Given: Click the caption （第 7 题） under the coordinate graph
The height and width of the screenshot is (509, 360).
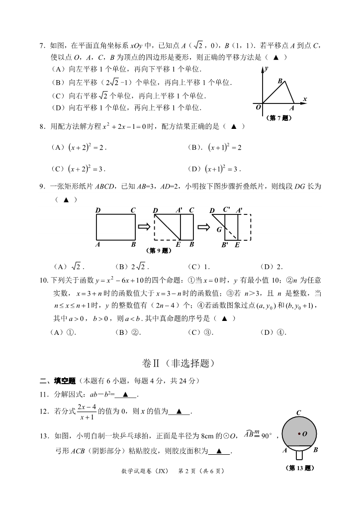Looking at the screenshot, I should pyautogui.click(x=280, y=118).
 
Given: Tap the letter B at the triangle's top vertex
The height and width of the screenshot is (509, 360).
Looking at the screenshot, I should pyautogui.click(x=280, y=81).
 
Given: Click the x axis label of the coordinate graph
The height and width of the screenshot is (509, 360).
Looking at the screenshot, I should pyautogui.click(x=304, y=99).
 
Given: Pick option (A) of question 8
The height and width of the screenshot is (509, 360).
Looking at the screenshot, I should pyautogui.click(x=79, y=147).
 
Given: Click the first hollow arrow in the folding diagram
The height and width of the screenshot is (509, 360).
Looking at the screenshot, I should pyautogui.click(x=144, y=227).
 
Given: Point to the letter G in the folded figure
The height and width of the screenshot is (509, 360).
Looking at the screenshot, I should pyautogui.click(x=219, y=230).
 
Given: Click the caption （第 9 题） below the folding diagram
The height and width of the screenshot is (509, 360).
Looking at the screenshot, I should pyautogui.click(x=158, y=250).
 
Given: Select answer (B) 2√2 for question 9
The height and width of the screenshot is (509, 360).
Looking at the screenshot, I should pyautogui.click(x=130, y=266).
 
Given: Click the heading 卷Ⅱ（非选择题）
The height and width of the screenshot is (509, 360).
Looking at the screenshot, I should pyautogui.click(x=180, y=364).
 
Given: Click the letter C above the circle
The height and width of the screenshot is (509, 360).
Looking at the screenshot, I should pyautogui.click(x=298, y=412).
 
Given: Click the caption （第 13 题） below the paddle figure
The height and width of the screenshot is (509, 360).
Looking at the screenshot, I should pyautogui.click(x=298, y=468).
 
